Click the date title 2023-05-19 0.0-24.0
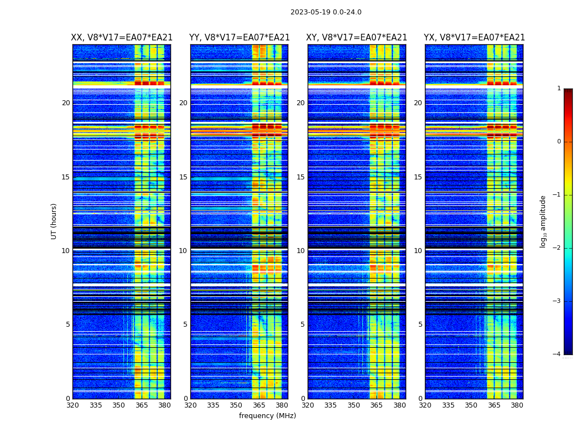coord(326,12)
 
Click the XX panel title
coord(122,38)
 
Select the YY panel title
coord(239,38)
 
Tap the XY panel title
coord(357,38)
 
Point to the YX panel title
coord(474,38)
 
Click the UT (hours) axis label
coord(54,221)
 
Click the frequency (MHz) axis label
coord(267,416)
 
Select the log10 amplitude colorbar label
coord(543,221)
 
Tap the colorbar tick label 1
coord(558,89)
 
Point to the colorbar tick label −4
coord(557,354)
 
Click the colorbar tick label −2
coord(557,248)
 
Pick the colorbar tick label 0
coord(558,142)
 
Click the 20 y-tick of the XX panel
coord(66,103)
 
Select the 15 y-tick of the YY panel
coord(183,177)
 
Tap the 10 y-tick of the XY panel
coord(300,251)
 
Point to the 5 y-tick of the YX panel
coord(420,324)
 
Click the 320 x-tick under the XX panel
coord(72,405)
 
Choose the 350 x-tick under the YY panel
coord(236,405)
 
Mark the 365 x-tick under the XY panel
coord(377,405)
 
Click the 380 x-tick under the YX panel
coord(517,405)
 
